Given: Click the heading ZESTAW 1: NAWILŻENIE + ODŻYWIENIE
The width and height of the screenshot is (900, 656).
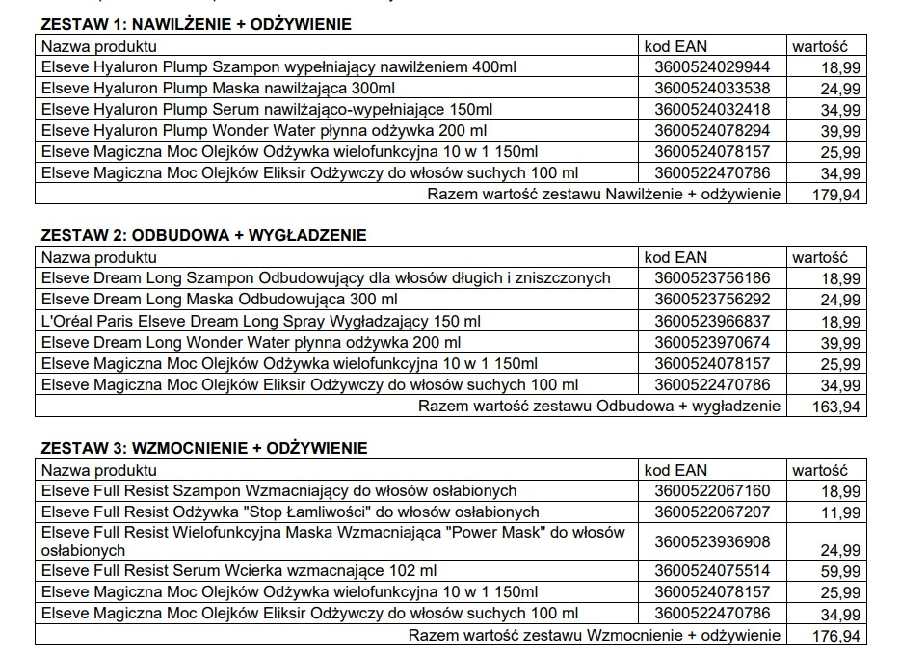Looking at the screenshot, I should coord(196,24).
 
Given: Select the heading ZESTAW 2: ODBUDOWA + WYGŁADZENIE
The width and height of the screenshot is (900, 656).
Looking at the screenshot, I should coord(203,236).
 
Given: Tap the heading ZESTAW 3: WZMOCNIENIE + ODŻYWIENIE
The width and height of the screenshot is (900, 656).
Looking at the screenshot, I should coord(203,448).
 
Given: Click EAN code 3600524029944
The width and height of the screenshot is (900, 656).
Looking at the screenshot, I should coord(712,66).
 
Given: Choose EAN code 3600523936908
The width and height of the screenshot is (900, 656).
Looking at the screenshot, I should coord(712,541).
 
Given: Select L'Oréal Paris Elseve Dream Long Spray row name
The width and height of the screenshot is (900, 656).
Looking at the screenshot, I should coord(260,321).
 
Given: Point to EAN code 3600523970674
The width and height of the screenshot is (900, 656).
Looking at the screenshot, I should coord(712,342).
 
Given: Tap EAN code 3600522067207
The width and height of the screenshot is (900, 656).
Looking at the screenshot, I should coord(712,512).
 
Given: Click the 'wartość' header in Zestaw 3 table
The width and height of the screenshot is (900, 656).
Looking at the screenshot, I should coord(819,470).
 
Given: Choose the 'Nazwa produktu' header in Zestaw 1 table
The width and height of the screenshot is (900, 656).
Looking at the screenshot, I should coord(99,45).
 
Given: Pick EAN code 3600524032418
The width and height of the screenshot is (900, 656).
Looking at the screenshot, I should coord(712,109).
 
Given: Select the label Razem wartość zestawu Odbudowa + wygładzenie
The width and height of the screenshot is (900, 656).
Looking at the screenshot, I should coord(598,407).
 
